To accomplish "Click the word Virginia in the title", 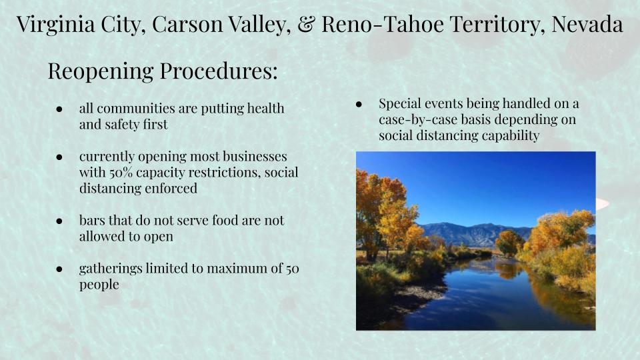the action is pos(56,25).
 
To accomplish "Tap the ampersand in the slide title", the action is pos(306,24).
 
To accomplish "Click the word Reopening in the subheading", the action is pos(101,71).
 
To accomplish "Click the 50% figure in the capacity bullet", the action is pos(121,172).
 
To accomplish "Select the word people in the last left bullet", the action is pos(99,285).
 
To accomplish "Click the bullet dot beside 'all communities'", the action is pos(59,109).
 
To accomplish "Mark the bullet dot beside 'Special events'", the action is pos(359,105).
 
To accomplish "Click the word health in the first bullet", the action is pos(266,109).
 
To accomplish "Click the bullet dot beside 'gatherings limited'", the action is pos(59,269).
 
